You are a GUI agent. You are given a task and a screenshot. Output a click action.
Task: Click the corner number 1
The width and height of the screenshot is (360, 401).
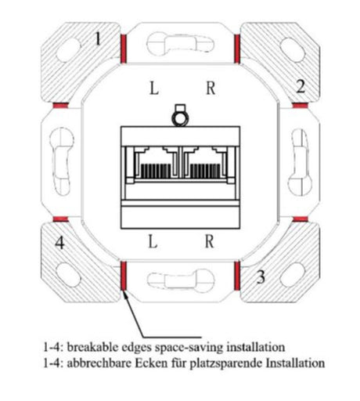pos(98,39)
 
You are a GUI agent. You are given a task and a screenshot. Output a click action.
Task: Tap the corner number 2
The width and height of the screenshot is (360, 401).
pos(301,87)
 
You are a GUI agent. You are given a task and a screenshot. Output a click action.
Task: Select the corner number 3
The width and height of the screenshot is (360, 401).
pos(261,277)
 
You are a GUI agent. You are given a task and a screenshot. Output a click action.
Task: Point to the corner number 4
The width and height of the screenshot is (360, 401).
pos(60,244)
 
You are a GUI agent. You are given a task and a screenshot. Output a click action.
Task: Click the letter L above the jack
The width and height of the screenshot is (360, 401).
pos(154,88)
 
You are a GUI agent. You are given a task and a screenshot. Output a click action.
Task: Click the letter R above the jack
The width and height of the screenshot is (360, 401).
pos(211,88)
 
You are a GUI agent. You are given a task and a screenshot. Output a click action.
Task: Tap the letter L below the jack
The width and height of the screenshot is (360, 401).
pos(153,241)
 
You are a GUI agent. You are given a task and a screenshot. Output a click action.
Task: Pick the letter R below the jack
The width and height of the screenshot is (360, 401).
pos(209,241)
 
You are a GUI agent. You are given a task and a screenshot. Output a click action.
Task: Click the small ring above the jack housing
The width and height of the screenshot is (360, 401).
pos(181,119)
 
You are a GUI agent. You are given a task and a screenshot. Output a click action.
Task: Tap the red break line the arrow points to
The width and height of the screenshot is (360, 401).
pos(124,276)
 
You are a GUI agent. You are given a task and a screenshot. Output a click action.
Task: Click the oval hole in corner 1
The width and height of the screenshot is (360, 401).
pos(68,50)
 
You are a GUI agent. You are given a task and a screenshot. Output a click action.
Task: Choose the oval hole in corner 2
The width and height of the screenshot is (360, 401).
pos(292,50)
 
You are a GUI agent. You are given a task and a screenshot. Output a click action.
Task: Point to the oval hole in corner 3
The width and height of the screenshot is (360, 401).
pos(292,275)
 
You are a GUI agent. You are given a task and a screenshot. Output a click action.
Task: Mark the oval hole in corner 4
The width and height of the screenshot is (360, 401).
pos(68,275)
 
